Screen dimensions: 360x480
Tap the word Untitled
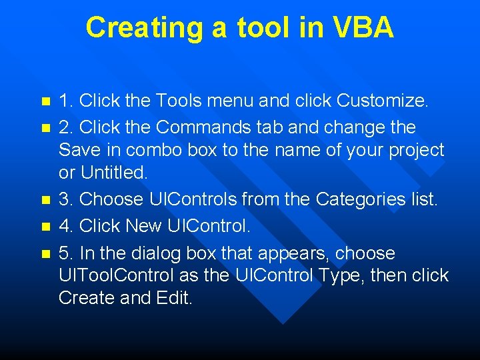114,173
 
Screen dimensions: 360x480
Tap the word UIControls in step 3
199,199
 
